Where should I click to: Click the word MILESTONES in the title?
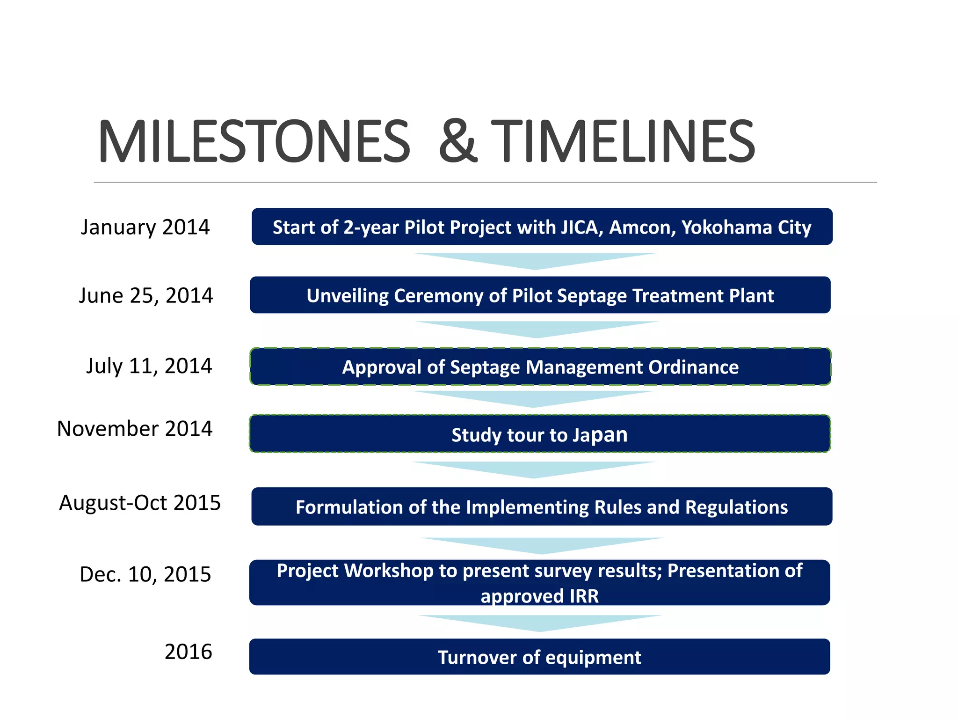(254, 141)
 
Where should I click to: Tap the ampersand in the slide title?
(458, 141)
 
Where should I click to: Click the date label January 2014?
(145, 227)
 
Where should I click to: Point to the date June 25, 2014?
(146, 295)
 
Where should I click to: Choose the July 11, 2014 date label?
(149, 366)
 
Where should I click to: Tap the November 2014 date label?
(135, 429)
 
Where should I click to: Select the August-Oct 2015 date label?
(140, 503)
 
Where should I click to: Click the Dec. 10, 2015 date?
(145, 574)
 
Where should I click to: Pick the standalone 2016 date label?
(189, 652)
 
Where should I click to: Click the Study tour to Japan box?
(540, 434)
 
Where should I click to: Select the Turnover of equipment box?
(540, 657)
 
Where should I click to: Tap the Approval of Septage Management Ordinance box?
(540, 367)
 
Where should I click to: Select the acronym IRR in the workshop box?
(584, 596)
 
